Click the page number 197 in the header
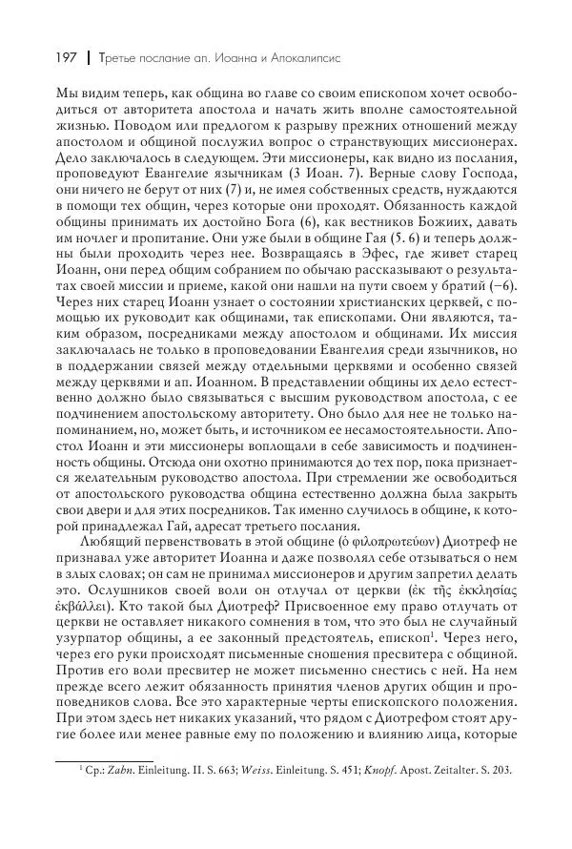pyautogui.click(x=68, y=58)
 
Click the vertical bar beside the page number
pyautogui.click(x=89, y=58)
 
